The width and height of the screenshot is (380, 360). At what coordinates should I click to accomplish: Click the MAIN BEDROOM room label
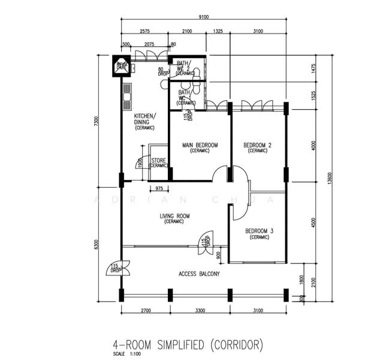point(200,145)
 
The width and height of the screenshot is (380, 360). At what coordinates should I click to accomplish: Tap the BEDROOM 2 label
point(258,145)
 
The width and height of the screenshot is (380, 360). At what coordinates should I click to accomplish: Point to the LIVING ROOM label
point(174,217)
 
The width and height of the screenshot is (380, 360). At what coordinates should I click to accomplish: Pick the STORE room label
point(158,161)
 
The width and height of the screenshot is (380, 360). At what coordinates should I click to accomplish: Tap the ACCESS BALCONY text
point(199,274)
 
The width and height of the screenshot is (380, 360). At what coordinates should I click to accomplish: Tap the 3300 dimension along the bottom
point(200,311)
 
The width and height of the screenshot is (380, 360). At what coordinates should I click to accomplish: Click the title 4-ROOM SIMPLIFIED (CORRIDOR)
point(188,344)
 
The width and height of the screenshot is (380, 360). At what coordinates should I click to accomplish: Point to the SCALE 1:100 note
point(131,354)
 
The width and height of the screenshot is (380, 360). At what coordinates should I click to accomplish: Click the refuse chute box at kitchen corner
point(121,65)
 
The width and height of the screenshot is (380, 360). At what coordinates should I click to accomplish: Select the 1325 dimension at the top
point(218,31)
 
